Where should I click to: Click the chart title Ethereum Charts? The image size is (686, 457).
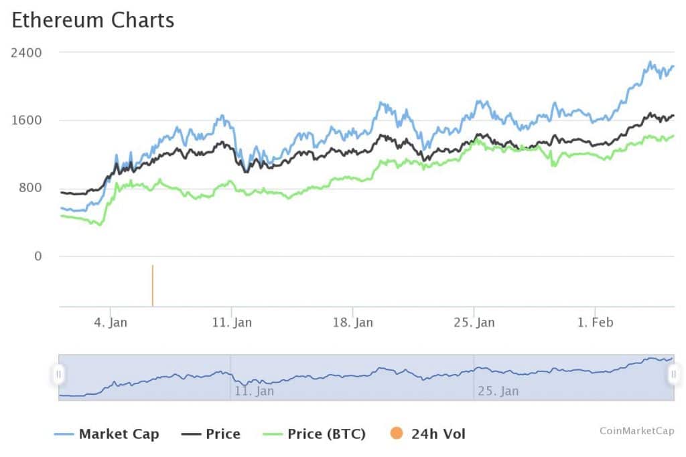93,20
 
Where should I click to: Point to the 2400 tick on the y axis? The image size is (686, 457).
26,52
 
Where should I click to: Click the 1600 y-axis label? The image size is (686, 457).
26,120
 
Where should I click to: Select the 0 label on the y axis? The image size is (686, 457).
38,256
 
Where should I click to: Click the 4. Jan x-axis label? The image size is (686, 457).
111,323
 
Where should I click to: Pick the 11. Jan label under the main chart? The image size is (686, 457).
232,323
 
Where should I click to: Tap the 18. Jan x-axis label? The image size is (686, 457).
353,323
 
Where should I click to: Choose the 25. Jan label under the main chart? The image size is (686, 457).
474,323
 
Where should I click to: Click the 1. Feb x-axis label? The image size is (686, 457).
595,323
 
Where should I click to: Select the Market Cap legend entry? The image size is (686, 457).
119,434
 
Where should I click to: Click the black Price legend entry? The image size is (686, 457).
222,434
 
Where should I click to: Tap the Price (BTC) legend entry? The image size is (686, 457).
326,434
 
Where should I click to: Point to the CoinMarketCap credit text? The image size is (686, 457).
636,431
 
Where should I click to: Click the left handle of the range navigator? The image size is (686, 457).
58,374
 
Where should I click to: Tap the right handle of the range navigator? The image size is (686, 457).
674,374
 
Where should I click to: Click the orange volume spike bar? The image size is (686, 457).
153,286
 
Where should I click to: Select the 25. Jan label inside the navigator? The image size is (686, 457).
499,391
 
